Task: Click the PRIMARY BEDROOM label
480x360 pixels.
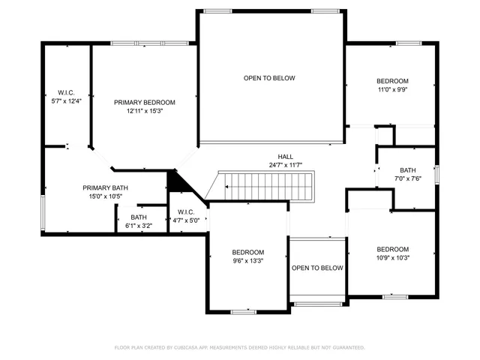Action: [144, 102]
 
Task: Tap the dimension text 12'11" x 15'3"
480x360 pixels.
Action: [144, 111]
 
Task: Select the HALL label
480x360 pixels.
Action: [285, 156]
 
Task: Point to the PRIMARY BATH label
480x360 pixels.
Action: [103, 188]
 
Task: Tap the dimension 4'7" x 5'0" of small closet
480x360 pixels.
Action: [187, 220]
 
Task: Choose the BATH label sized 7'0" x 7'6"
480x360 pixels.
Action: [407, 170]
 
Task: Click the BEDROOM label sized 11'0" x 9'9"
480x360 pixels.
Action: [392, 81]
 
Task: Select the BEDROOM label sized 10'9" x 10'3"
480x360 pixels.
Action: [392, 249]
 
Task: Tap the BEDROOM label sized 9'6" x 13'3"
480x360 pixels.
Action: [247, 252]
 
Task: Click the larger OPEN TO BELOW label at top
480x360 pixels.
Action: [269, 78]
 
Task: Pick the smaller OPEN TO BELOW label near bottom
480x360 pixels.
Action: [317, 268]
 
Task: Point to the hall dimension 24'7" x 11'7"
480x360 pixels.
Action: [285, 165]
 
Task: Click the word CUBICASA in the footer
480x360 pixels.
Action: [193, 348]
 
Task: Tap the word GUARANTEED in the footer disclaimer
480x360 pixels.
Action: [348, 348]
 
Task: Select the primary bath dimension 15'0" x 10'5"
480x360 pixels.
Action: [103, 196]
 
